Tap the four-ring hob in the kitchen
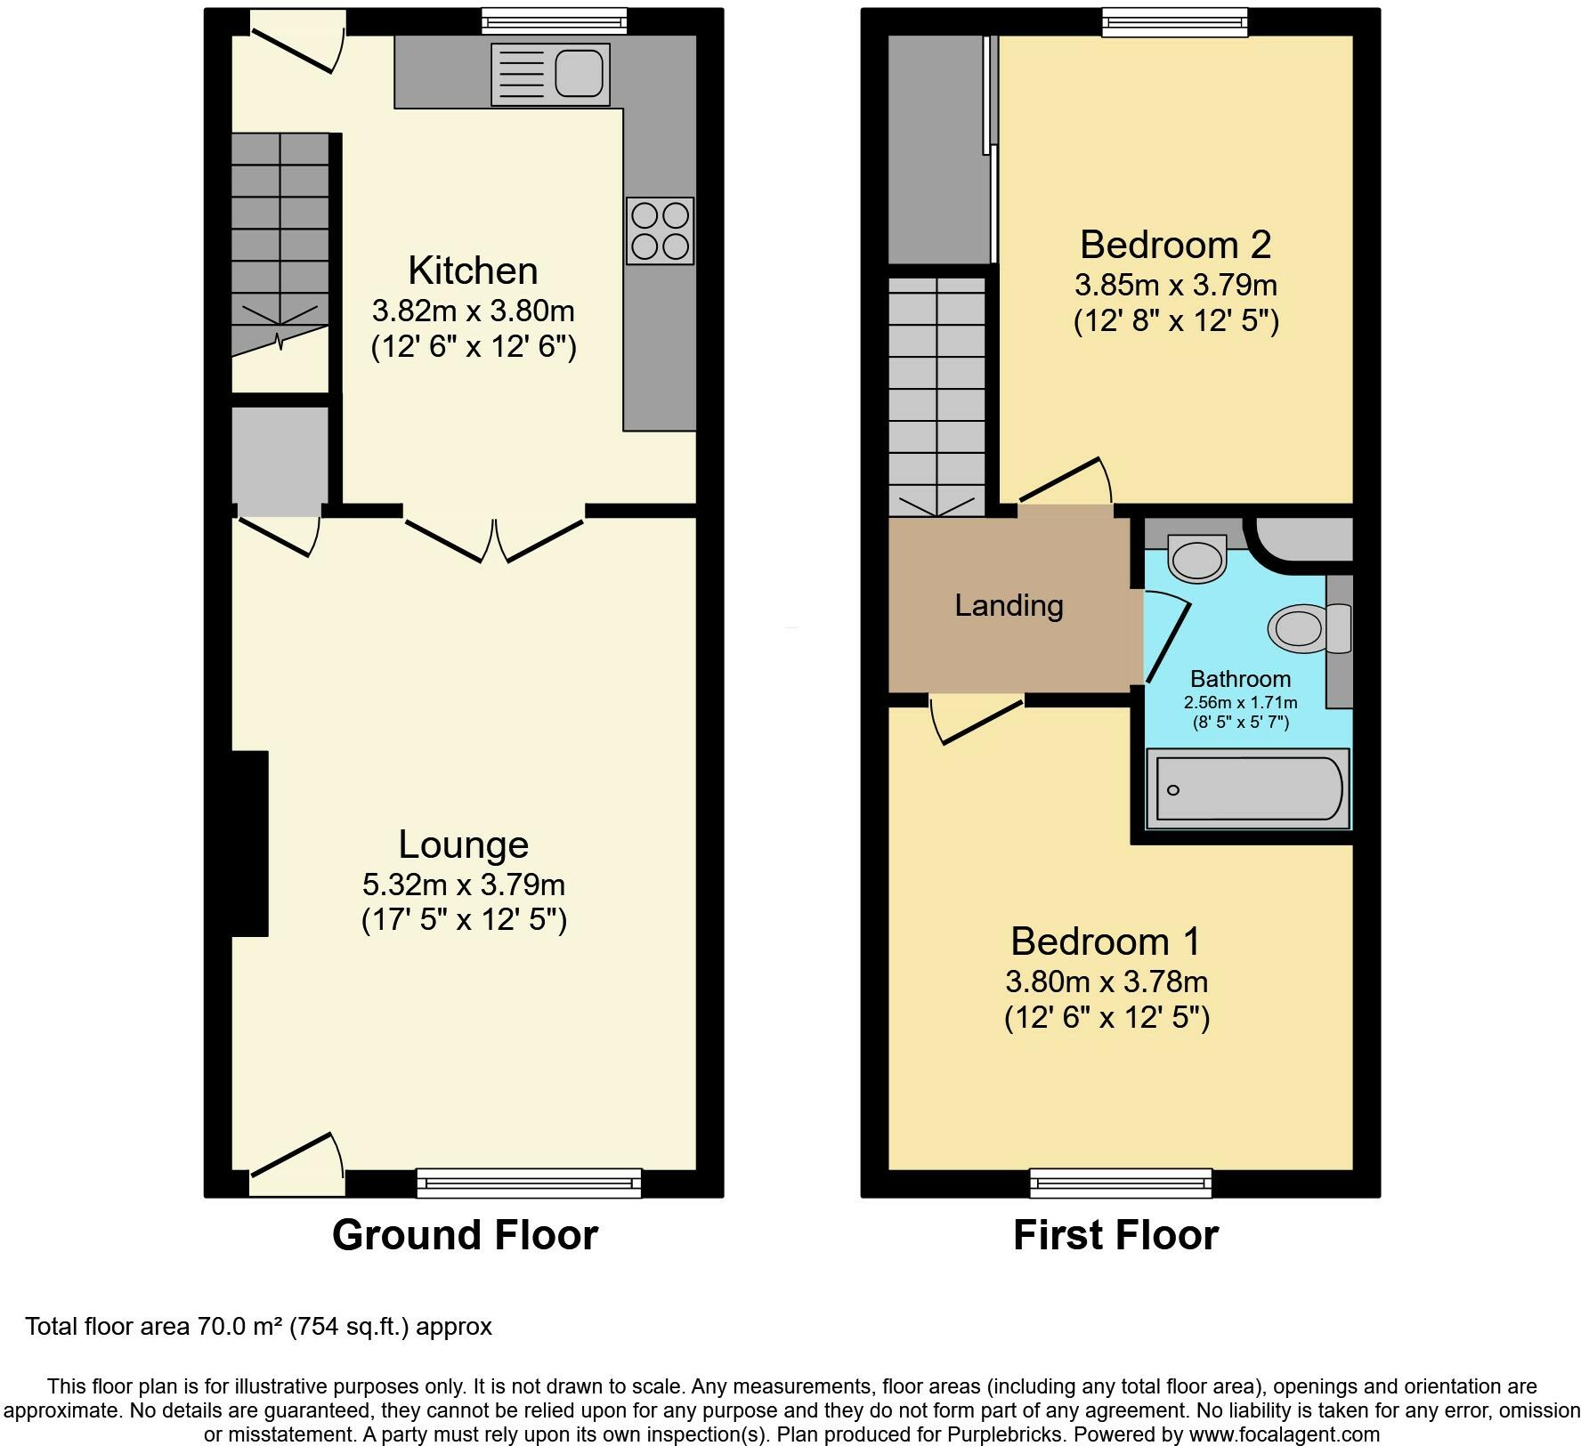point(660,230)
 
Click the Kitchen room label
point(473,271)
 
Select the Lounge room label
point(463,844)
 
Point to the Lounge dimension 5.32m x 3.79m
point(464,885)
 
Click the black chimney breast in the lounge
point(250,844)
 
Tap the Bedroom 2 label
point(1175,244)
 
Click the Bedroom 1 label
point(1106,941)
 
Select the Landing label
point(1009,606)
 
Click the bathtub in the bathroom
point(1248,788)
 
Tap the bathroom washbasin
point(1197,559)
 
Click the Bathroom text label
point(1240,679)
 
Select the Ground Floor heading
point(465,1235)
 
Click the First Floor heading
point(1115,1235)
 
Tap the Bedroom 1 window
point(1122,1183)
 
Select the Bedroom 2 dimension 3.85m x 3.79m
point(1175,285)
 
